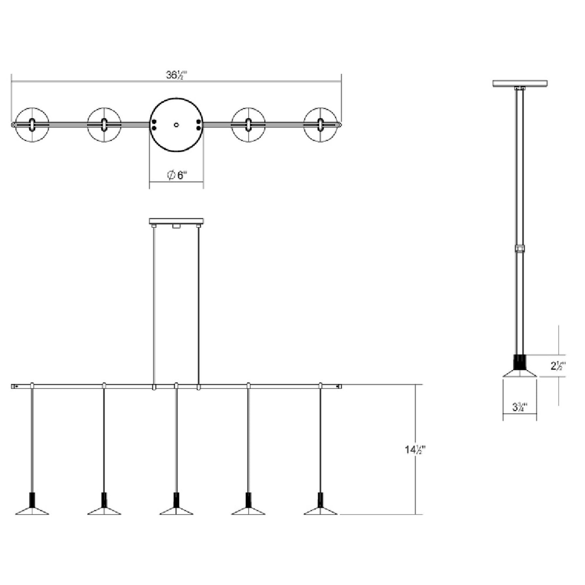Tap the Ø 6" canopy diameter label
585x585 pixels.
177,175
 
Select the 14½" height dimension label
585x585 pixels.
415,449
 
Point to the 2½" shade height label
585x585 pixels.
557,366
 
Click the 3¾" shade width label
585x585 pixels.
519,407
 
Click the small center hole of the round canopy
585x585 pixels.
176,125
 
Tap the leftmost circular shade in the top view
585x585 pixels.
32,125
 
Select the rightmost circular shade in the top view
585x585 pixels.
321,125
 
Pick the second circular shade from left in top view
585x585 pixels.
104,125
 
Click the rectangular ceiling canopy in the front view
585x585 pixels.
176,221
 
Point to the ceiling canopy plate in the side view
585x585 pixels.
520,84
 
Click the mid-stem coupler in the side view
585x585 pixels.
520,248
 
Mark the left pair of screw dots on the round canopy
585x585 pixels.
154,125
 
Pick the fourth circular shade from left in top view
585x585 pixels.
249,125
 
